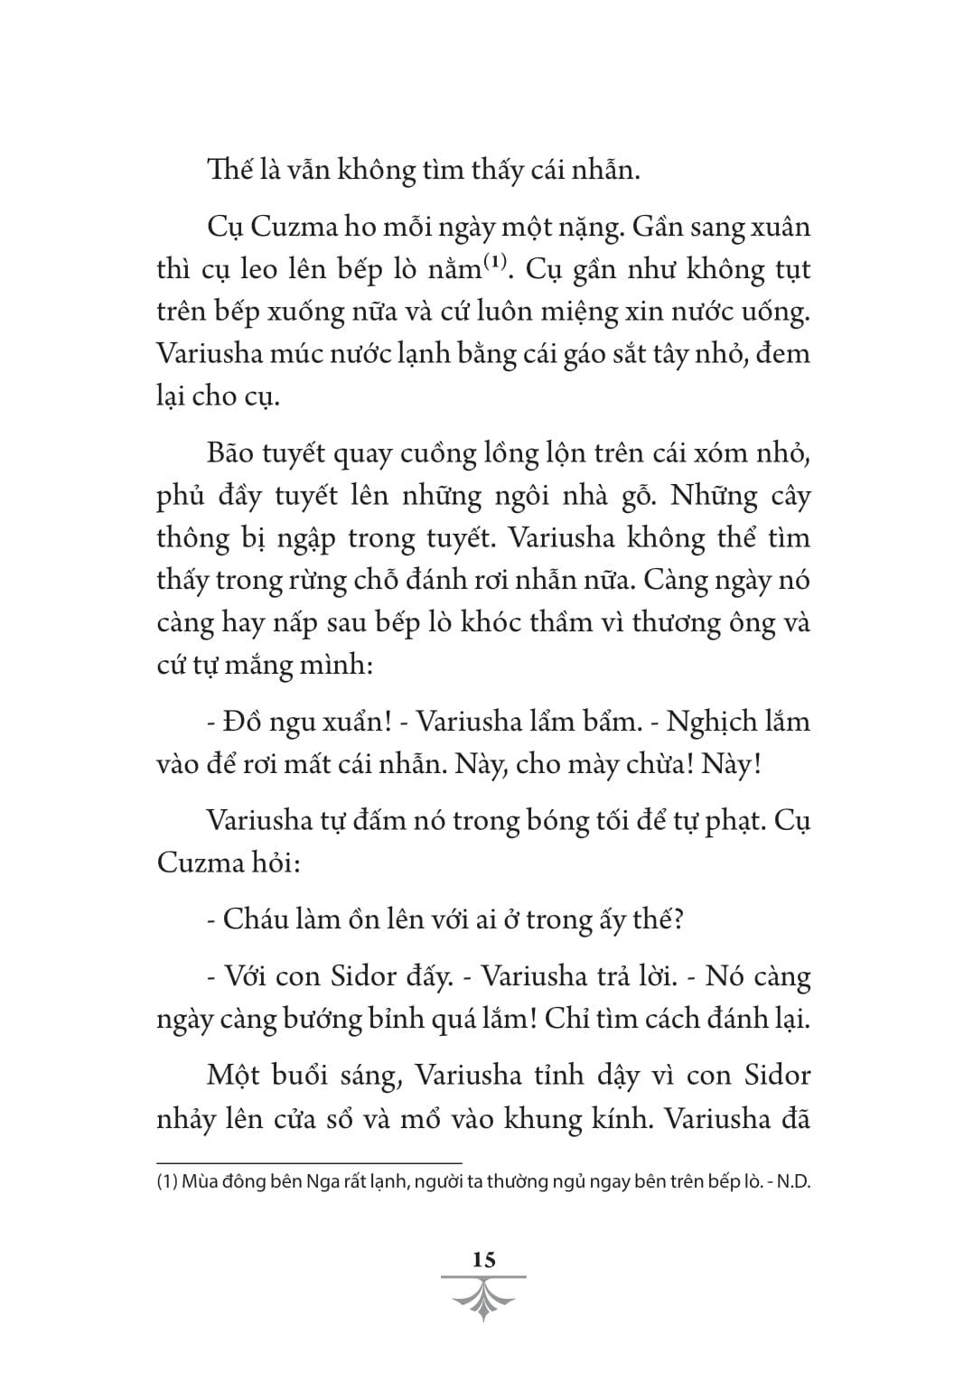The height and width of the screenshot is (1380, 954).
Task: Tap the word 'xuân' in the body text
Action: pyautogui.click(x=782, y=226)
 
